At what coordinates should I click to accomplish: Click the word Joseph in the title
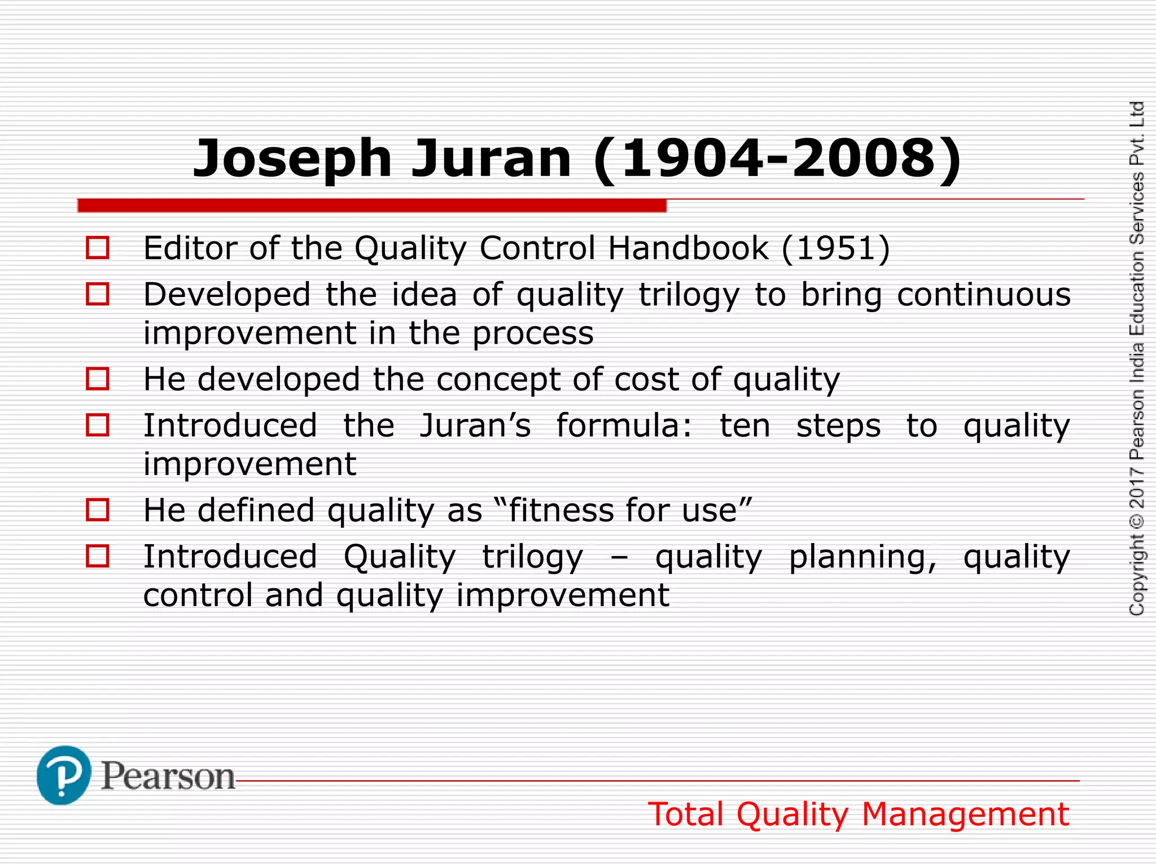[292, 160]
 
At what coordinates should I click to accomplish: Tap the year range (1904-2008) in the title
[777, 160]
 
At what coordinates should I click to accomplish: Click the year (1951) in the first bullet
[836, 248]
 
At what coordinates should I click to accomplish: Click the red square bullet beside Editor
[98, 248]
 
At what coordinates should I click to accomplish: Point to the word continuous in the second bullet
[983, 295]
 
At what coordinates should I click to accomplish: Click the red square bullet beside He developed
[98, 379]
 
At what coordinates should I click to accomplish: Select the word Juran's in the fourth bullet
[475, 426]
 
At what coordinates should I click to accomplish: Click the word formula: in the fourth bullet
[624, 426]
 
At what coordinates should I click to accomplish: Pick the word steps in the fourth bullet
[838, 427]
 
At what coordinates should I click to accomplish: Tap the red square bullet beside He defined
[98, 510]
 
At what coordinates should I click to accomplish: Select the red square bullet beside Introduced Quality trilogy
[98, 556]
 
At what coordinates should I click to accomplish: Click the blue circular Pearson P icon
[63, 776]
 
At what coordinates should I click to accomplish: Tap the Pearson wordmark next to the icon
[168, 777]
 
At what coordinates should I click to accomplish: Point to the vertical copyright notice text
[1137, 358]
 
